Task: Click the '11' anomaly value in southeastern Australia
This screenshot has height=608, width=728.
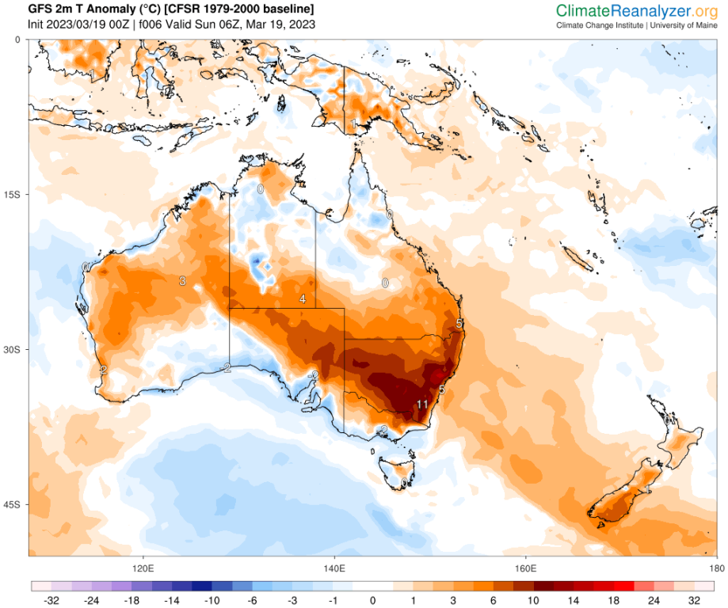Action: coord(422,405)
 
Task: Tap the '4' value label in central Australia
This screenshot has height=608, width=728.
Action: coord(303,298)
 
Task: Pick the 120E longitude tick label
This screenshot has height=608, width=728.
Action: coord(143,568)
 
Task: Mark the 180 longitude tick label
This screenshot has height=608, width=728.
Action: coord(716,568)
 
